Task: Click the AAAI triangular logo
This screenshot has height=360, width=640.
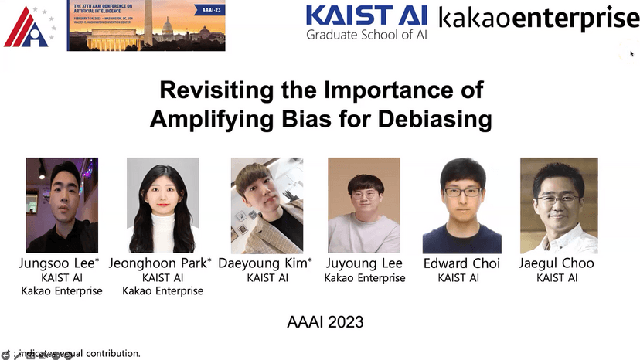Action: (29, 26)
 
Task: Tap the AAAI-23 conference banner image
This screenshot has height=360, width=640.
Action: (146, 25)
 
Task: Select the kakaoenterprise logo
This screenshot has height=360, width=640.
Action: (539, 16)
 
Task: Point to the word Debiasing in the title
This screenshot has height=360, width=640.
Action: (440, 120)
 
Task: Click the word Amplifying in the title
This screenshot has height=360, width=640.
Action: (199, 120)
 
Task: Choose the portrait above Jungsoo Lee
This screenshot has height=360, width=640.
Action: (62, 205)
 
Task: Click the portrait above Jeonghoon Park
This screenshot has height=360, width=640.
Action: (162, 205)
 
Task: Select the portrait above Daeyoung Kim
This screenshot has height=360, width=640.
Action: (267, 205)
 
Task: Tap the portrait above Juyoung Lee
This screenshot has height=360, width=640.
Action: (363, 205)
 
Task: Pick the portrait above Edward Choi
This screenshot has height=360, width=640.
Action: (461, 205)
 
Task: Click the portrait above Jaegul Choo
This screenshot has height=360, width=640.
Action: (558, 205)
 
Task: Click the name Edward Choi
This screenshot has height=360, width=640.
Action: (461, 263)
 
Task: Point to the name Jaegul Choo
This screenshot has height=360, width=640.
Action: (557, 263)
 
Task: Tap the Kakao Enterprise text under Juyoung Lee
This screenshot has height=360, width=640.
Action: (364, 278)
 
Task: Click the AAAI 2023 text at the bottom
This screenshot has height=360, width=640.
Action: (320, 321)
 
